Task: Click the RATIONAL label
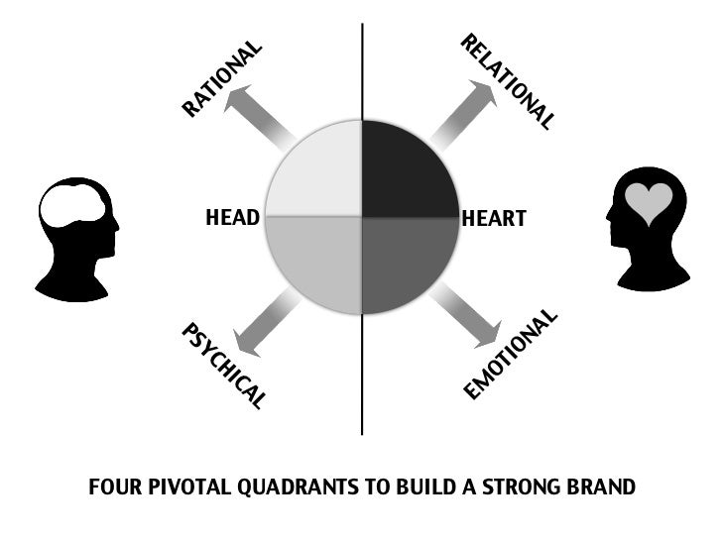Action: pyautogui.click(x=222, y=78)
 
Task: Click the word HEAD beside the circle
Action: pyautogui.click(x=232, y=218)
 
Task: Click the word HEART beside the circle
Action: pyautogui.click(x=494, y=218)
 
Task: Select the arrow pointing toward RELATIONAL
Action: pyautogui.click(x=463, y=112)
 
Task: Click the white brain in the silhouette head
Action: pyautogui.click(x=70, y=209)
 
